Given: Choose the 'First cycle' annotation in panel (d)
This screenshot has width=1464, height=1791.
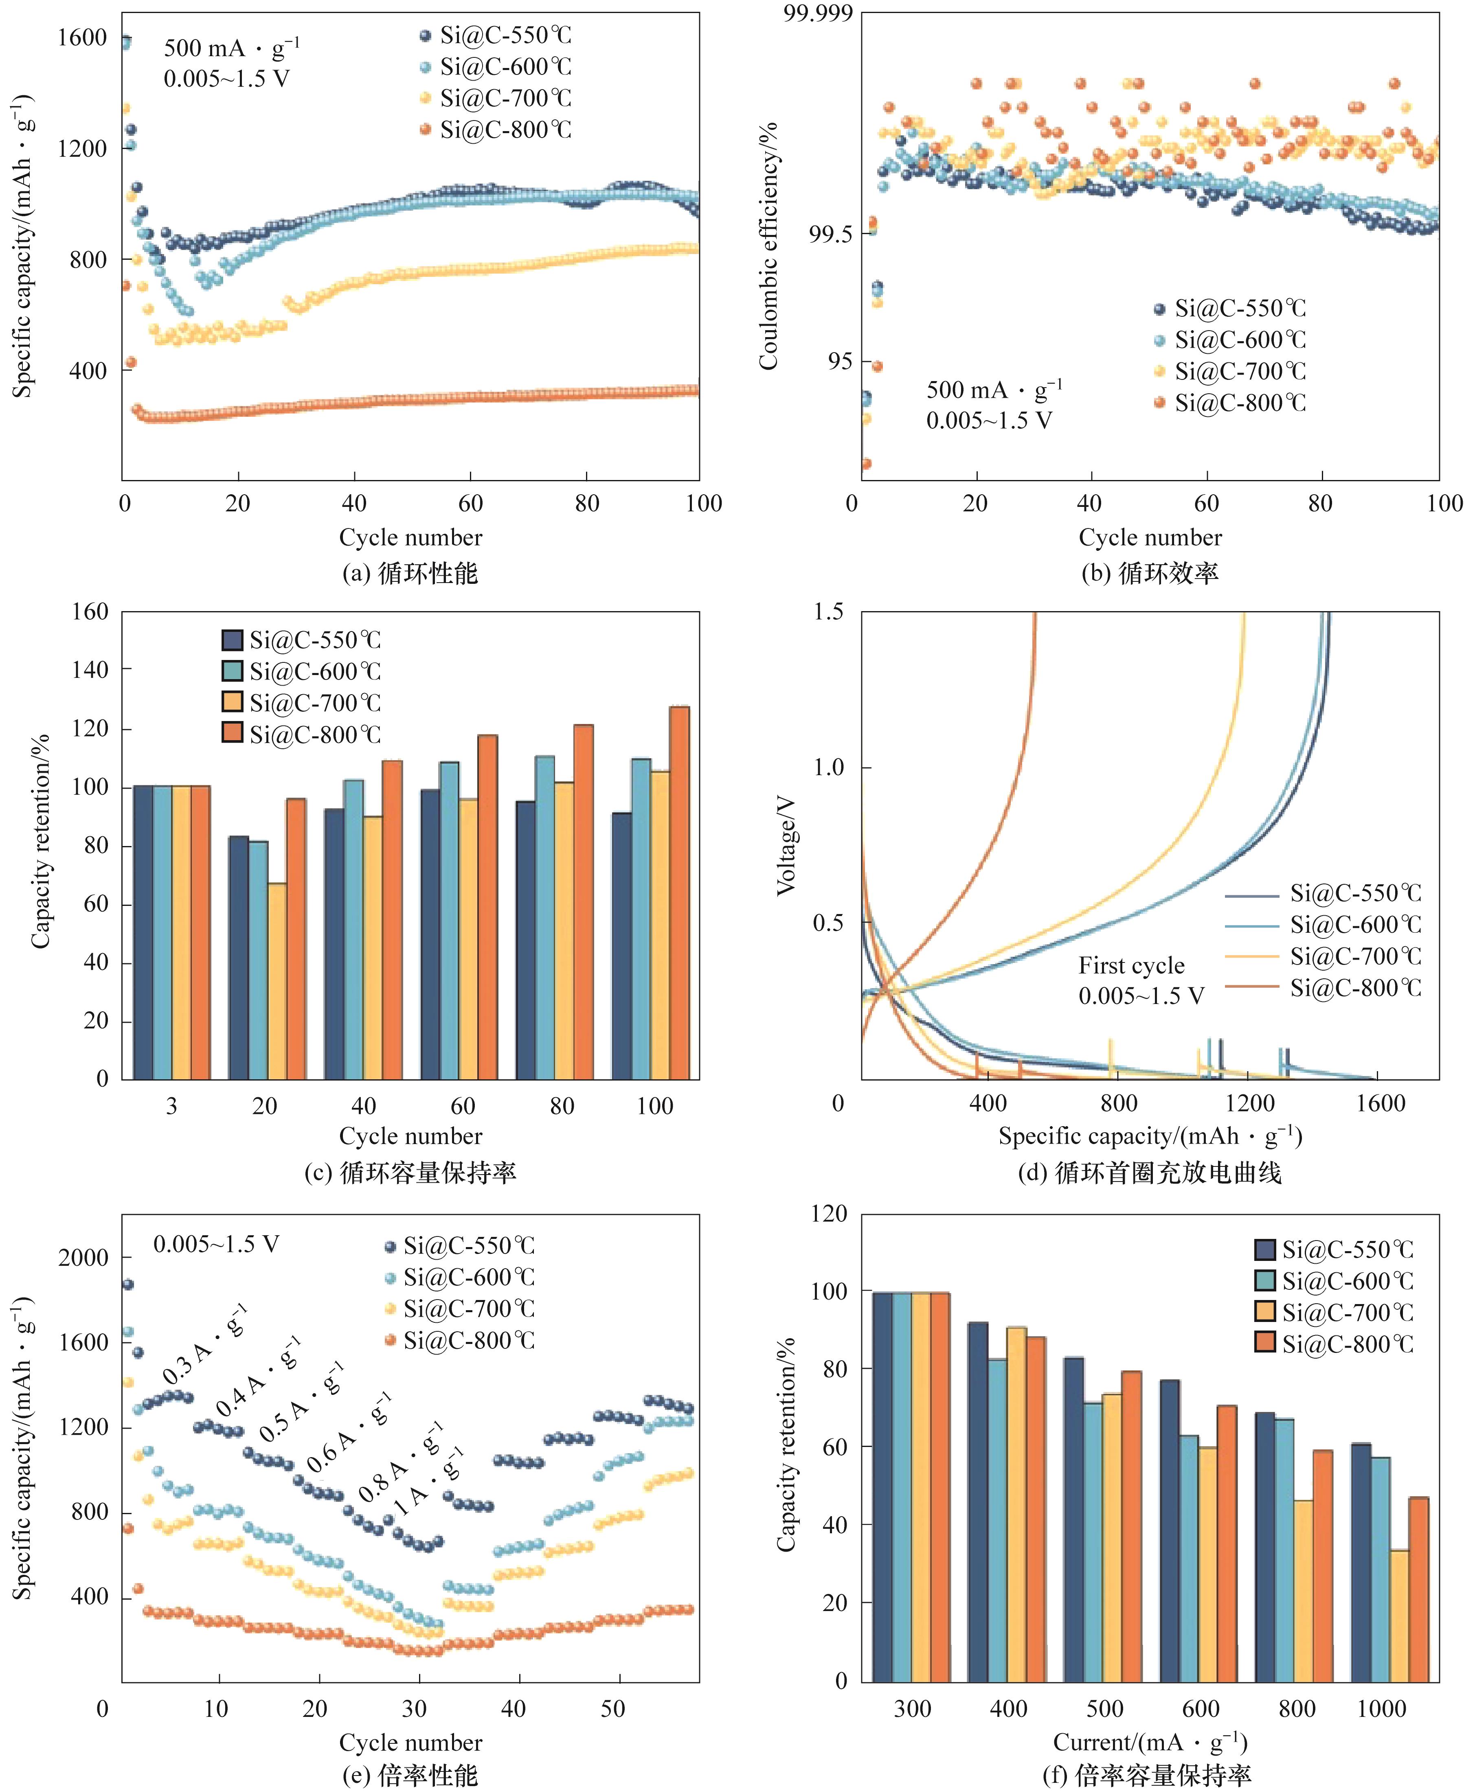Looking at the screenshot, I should (x=1131, y=965).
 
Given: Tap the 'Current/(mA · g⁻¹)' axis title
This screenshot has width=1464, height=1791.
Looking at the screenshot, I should (x=1150, y=1742).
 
